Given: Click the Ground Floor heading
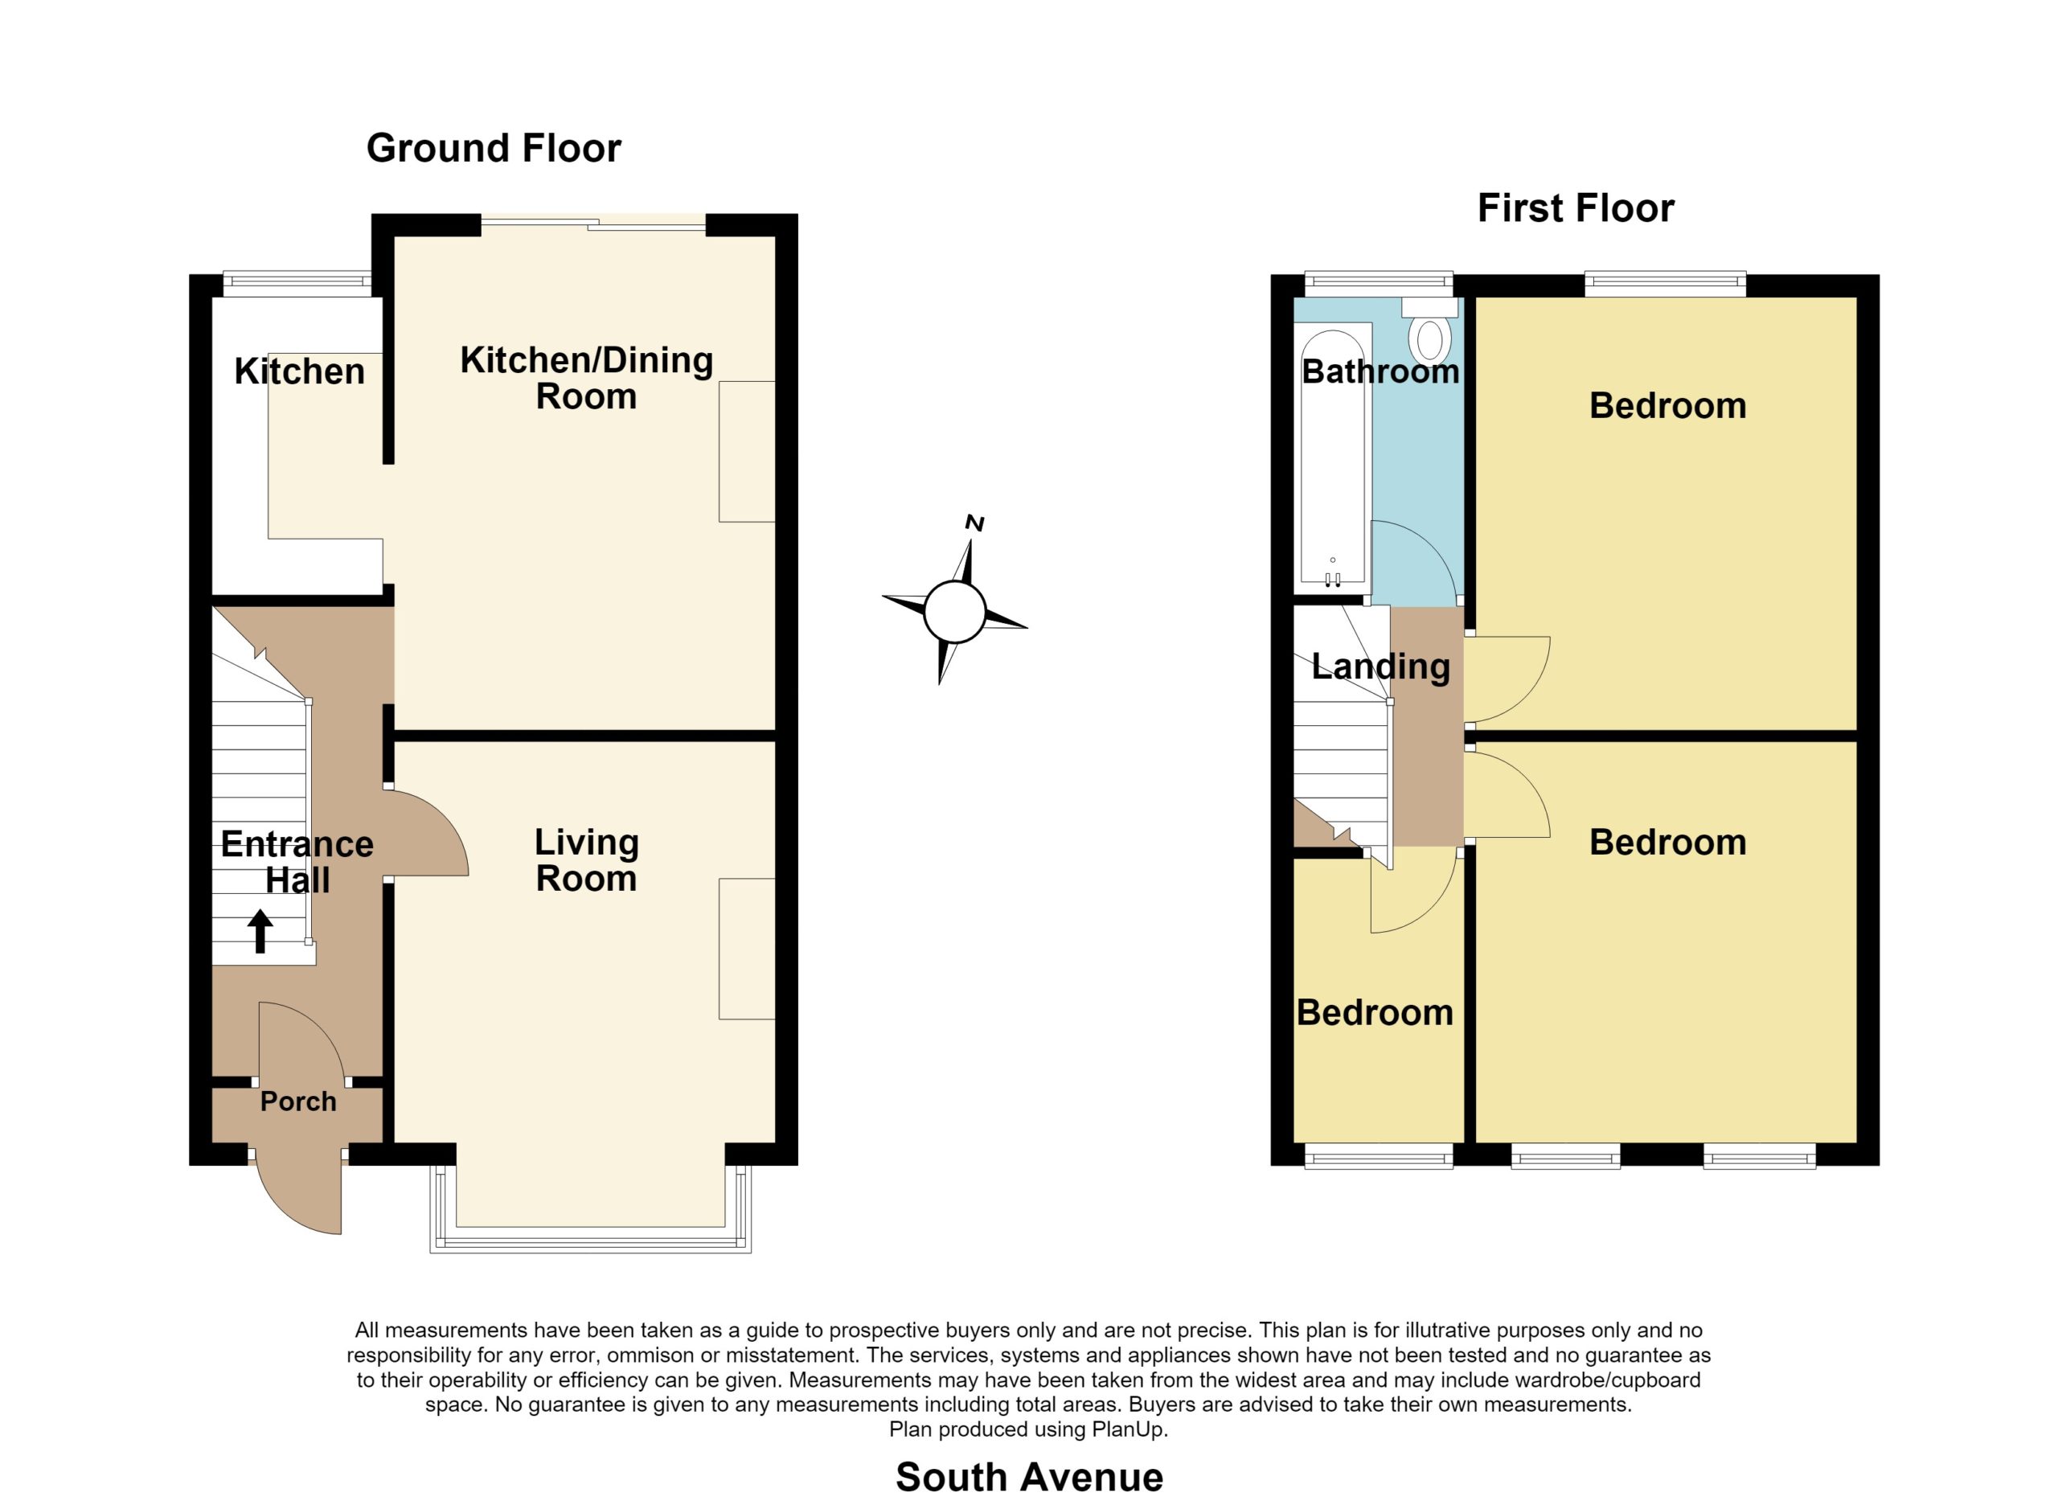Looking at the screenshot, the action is coord(494,149).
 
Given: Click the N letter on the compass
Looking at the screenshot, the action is coord(974,523).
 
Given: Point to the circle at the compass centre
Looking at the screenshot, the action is coord(954,613).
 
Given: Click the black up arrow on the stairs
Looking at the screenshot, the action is coord(260,931).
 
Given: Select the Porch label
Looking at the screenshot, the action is coord(298,1101).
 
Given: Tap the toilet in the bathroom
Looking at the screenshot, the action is coord(1430,332).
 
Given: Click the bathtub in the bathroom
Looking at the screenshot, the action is coord(1333,458).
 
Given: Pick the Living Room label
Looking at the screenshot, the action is coord(586,860).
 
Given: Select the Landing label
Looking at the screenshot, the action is coord(1380,666).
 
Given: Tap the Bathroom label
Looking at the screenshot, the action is coord(1380,371).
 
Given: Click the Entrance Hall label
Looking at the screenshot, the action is coord(297,862).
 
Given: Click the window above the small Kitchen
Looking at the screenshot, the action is coord(297,284).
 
